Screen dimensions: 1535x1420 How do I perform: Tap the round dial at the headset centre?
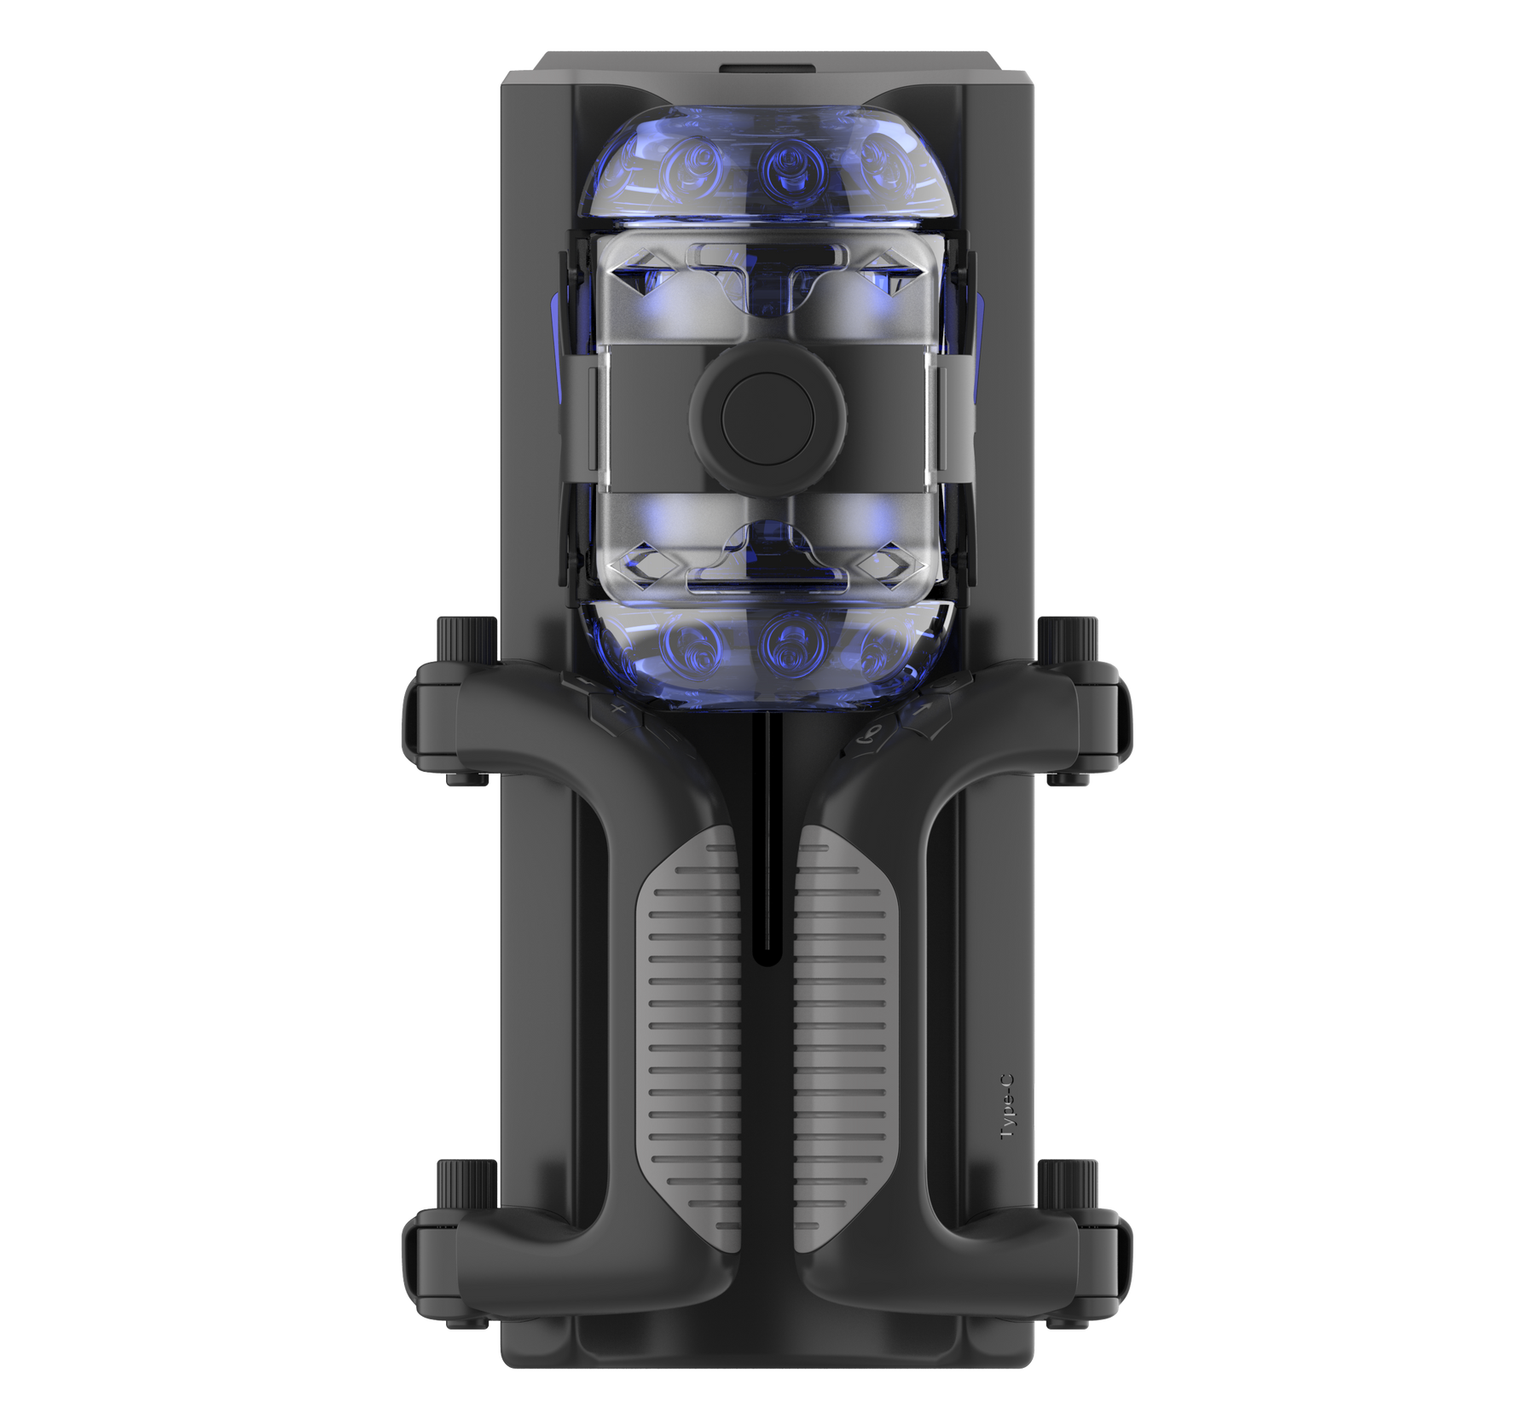[x=767, y=417]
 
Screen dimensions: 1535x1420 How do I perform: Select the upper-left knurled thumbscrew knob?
[x=467, y=639]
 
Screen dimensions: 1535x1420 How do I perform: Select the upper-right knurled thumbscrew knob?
[x=1068, y=639]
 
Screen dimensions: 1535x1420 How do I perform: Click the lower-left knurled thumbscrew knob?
[x=467, y=1183]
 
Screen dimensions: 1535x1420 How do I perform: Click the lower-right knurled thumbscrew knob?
[x=1068, y=1183]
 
